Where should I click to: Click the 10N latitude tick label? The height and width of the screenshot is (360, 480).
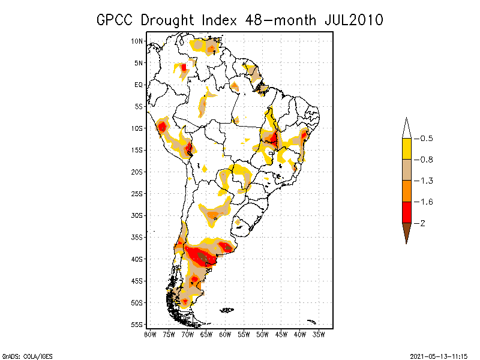click(137, 41)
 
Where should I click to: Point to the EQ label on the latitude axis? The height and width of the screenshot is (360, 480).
click(139, 85)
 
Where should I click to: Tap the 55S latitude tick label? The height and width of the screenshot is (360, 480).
click(137, 325)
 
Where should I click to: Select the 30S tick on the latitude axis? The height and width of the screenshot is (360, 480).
click(137, 215)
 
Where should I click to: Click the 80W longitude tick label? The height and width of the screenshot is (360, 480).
click(149, 334)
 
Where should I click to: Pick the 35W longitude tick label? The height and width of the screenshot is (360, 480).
click(319, 334)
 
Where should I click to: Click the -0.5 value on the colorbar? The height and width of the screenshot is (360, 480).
click(427, 139)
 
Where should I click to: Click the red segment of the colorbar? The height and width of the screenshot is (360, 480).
click(407, 212)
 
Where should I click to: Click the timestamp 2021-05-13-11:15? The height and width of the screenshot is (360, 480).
click(439, 355)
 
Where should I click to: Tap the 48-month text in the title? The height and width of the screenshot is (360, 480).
click(280, 20)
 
